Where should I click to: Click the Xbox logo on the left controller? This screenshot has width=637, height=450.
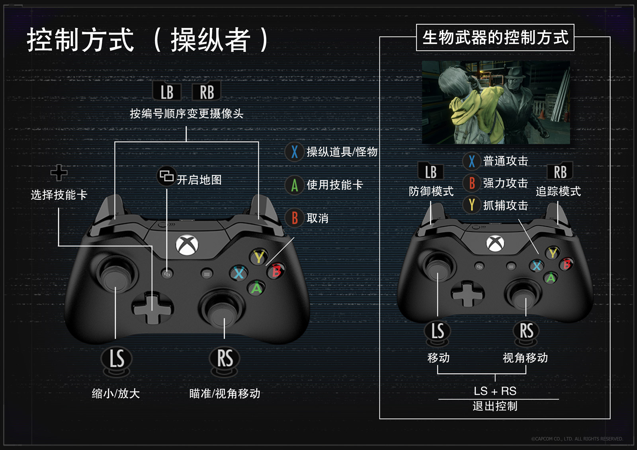[187, 245]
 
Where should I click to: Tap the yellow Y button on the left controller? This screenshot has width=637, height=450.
[259, 257]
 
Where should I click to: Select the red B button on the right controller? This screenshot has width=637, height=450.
[567, 264]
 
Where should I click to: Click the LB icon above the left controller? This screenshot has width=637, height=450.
[167, 92]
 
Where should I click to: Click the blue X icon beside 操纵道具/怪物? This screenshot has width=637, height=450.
[295, 152]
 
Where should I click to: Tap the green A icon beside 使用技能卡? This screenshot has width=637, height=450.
[295, 185]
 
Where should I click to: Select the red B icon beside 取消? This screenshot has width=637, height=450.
[295, 218]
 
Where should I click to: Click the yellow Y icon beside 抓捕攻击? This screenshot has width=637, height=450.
[472, 205]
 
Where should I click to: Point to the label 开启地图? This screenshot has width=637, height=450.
[199, 180]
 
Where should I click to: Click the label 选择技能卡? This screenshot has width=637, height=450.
[59, 195]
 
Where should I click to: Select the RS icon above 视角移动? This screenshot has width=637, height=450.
[526, 331]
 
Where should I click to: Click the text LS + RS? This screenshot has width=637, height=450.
[495, 391]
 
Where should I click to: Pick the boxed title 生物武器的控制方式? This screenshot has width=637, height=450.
[495, 37]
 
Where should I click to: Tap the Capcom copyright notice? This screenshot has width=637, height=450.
[577, 439]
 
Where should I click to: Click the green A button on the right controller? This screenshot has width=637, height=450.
[551, 278]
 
